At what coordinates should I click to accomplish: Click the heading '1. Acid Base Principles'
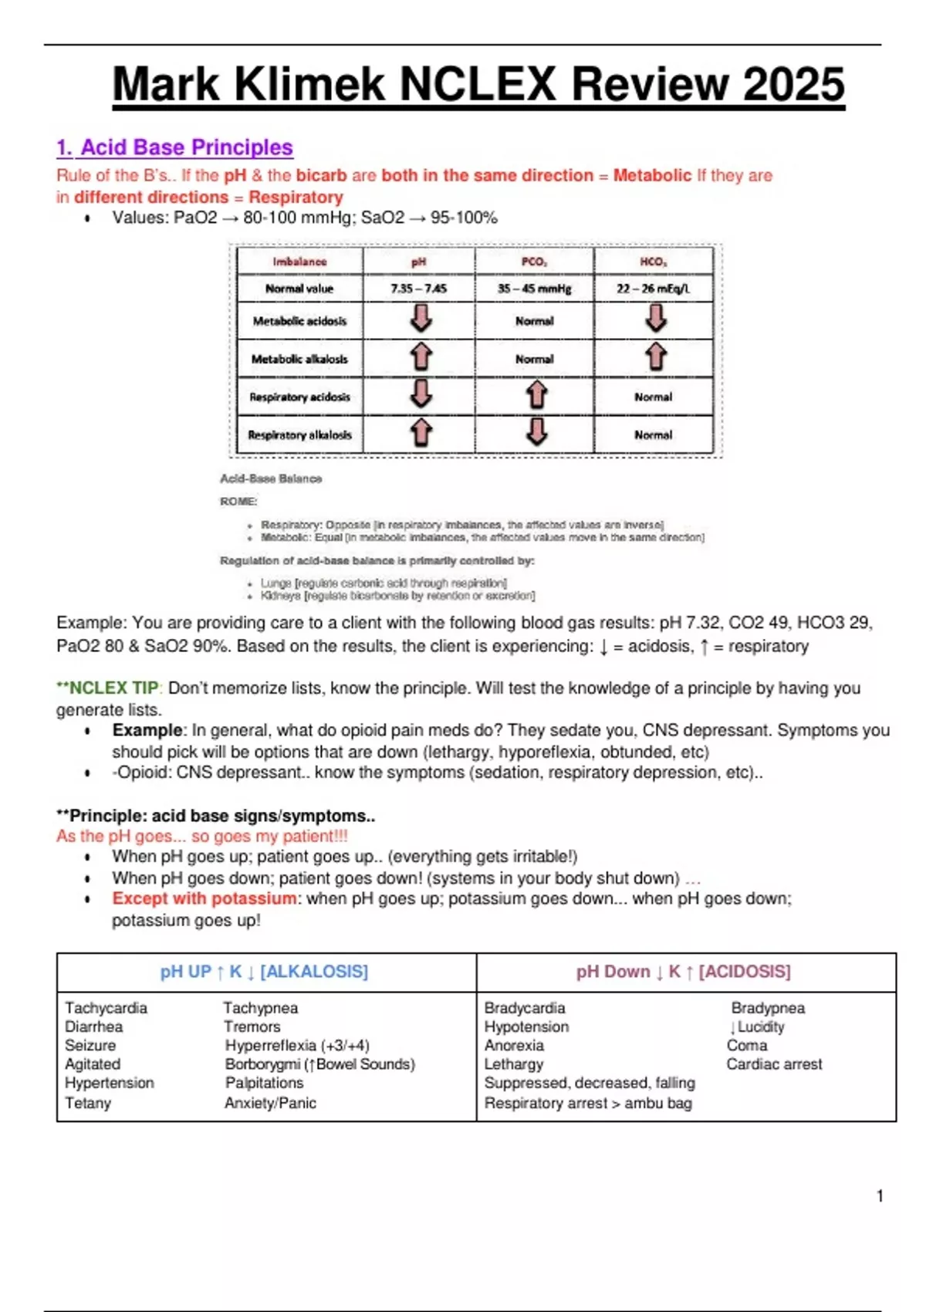[174, 147]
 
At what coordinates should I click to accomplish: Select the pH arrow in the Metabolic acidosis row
[421, 319]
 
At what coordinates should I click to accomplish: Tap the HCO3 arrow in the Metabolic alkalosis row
[655, 357]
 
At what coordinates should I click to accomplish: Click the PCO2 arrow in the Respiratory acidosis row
[536, 395]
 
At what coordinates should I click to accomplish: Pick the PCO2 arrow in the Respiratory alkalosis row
[536, 432]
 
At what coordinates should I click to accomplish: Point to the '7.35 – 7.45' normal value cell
[418, 289]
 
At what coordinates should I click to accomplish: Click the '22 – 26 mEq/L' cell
[653, 289]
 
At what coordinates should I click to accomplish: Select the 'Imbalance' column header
[299, 262]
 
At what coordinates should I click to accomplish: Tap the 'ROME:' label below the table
[238, 502]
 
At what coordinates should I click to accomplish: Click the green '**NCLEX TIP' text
[107, 688]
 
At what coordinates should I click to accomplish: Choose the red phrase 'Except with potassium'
[204, 898]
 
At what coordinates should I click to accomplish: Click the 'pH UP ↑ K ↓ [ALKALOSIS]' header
[264, 972]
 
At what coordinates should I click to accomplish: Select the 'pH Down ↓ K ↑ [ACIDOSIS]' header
[683, 972]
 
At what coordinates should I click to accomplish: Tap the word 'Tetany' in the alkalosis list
[88, 1103]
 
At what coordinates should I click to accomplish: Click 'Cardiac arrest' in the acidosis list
[774, 1064]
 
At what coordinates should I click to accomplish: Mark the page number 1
[880, 1196]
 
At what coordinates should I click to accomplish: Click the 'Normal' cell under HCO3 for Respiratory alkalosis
[653, 435]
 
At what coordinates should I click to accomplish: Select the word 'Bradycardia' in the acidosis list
[525, 1008]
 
